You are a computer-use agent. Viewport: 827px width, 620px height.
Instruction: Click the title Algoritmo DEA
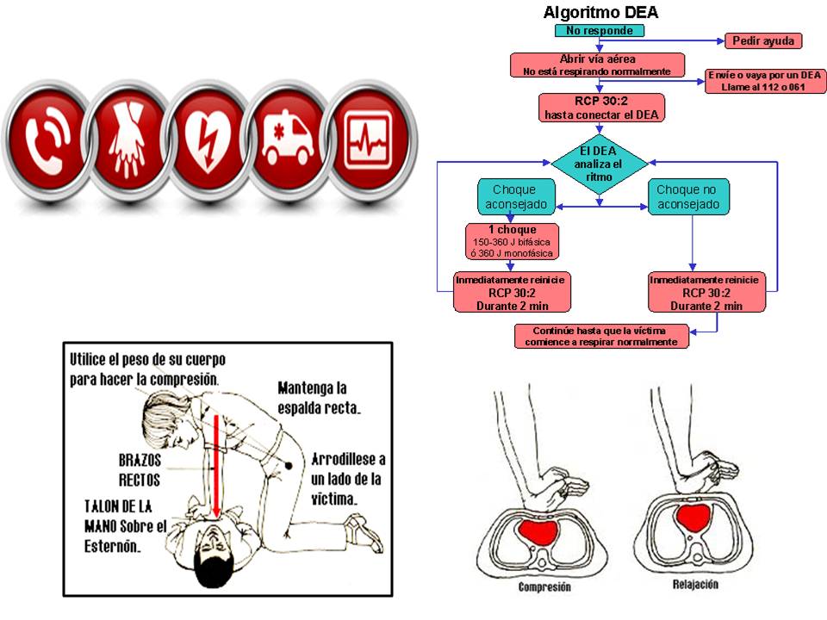[x=600, y=12]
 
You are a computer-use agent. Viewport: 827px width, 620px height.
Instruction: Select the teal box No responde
[x=599, y=31]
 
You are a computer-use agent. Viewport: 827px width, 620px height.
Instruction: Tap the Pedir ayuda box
[x=763, y=40]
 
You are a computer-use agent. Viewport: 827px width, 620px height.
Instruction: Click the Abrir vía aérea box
[x=597, y=65]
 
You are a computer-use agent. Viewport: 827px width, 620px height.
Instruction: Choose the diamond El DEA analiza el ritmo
[x=599, y=163]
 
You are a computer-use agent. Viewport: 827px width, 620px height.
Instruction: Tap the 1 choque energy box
[x=512, y=242]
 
